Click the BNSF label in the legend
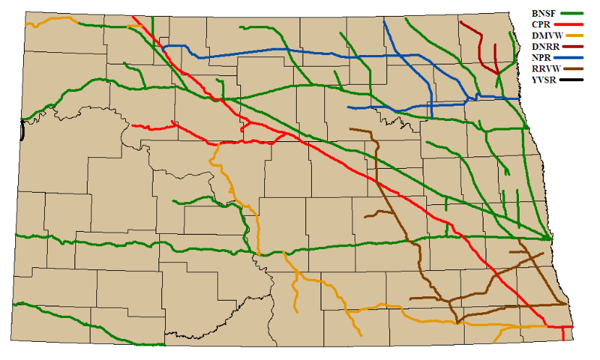coord(542,13)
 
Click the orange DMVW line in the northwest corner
coord(51,20)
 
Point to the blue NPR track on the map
coord(290,50)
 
